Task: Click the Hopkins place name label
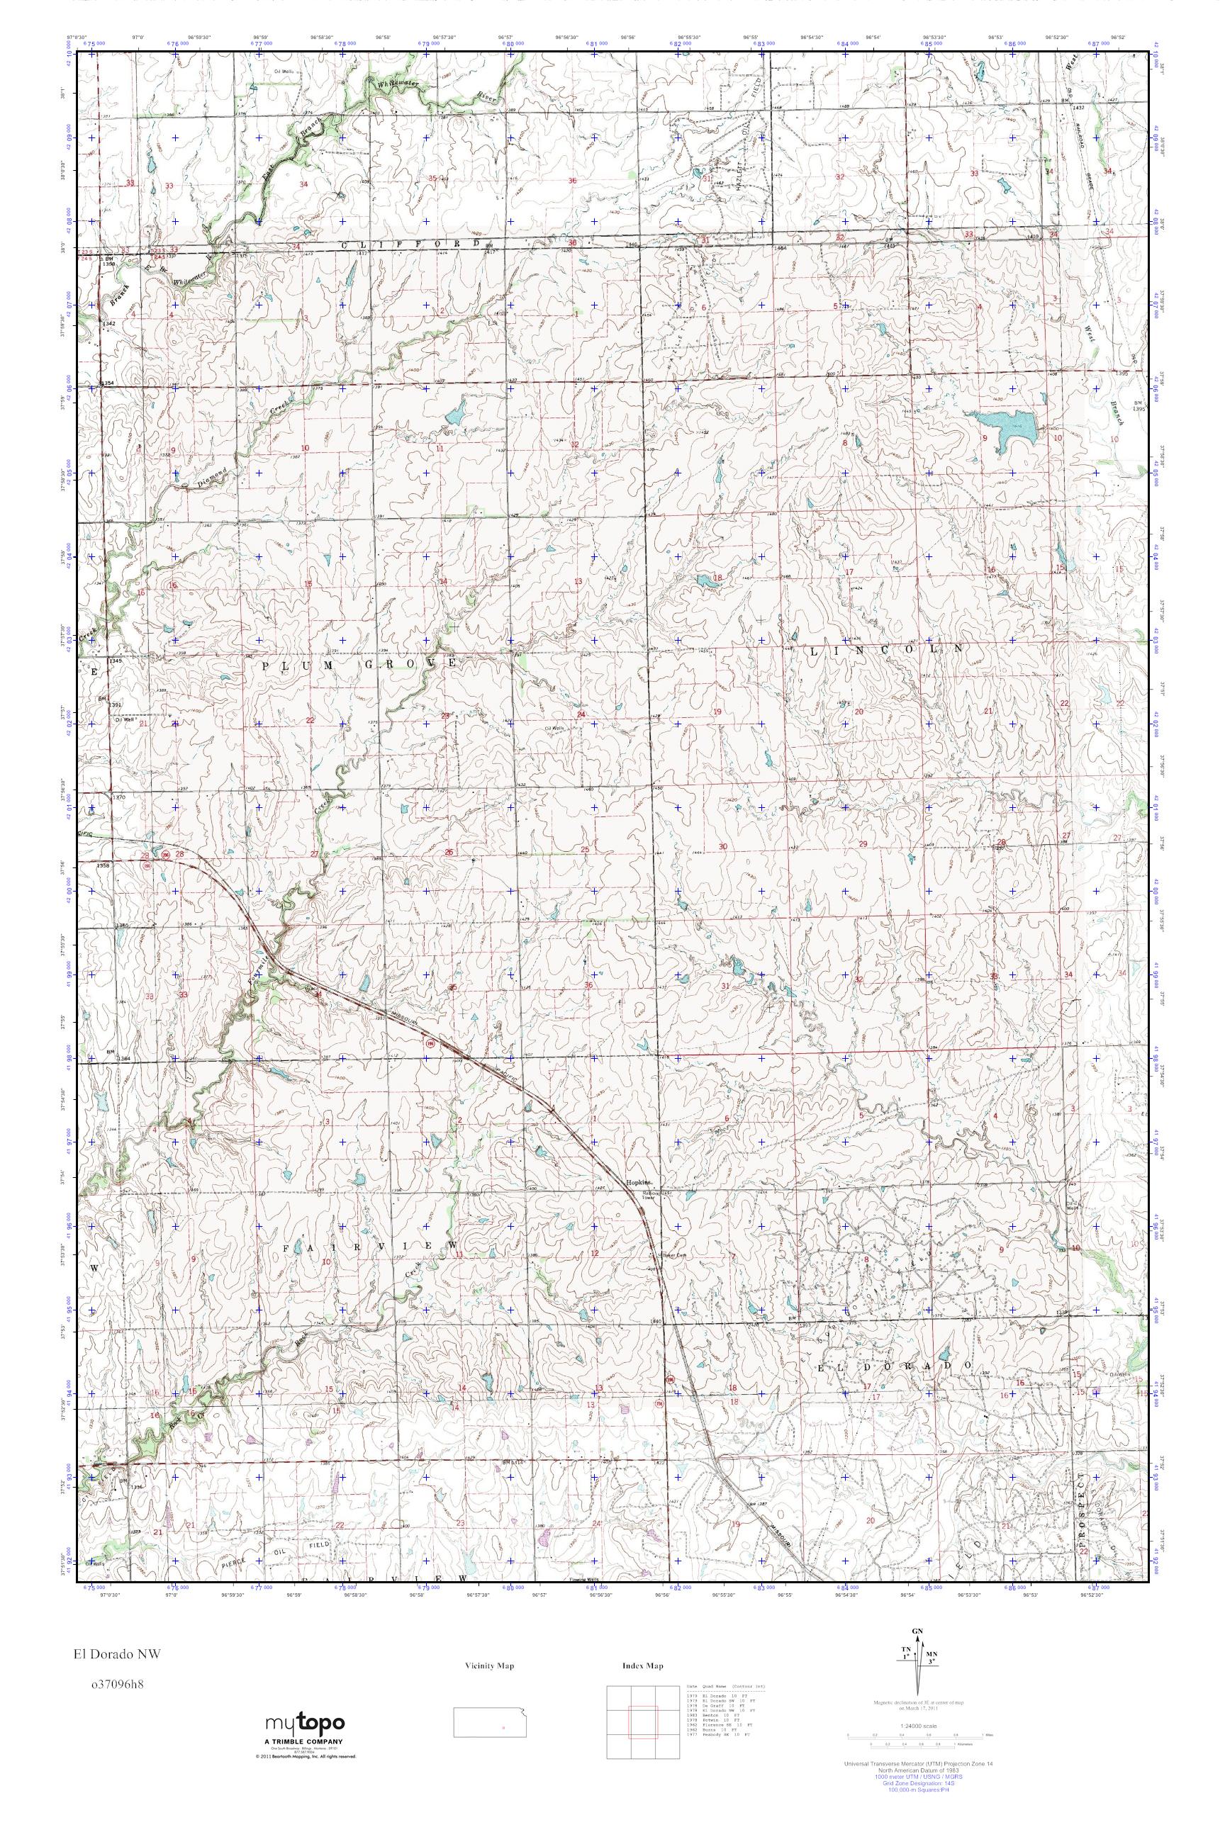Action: coord(637,1181)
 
